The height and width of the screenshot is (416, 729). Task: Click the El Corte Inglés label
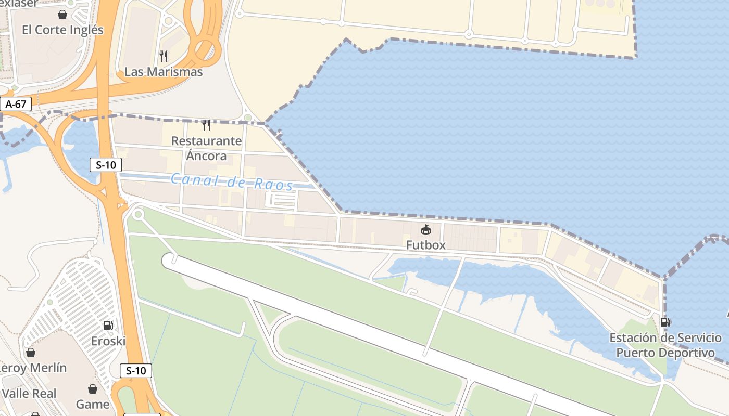(x=62, y=30)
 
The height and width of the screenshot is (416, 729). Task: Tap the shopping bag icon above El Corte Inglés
(x=62, y=15)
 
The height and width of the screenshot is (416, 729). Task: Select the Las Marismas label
(x=164, y=72)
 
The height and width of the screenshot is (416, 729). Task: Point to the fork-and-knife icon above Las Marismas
(x=164, y=56)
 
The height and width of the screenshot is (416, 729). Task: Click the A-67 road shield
(x=16, y=104)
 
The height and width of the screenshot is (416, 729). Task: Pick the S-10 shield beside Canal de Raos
(x=106, y=165)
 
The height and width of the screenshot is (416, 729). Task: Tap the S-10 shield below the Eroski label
(x=136, y=371)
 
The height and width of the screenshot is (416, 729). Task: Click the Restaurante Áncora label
(x=206, y=148)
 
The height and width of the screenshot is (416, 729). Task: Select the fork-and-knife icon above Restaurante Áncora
(x=206, y=125)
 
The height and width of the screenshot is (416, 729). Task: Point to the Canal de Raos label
(x=232, y=182)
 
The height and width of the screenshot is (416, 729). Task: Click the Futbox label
(x=426, y=244)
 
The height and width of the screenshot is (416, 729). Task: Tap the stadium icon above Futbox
(x=426, y=229)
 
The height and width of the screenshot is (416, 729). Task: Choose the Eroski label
(x=108, y=341)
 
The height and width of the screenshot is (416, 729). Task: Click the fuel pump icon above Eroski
(x=108, y=326)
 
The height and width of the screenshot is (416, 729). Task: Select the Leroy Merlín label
(x=32, y=368)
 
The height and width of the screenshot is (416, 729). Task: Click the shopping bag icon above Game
(x=93, y=389)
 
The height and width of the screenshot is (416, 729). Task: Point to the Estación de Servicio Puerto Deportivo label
(x=665, y=345)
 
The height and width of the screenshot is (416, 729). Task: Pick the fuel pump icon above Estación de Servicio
(x=665, y=322)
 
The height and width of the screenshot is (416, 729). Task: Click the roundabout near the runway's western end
(x=138, y=214)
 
